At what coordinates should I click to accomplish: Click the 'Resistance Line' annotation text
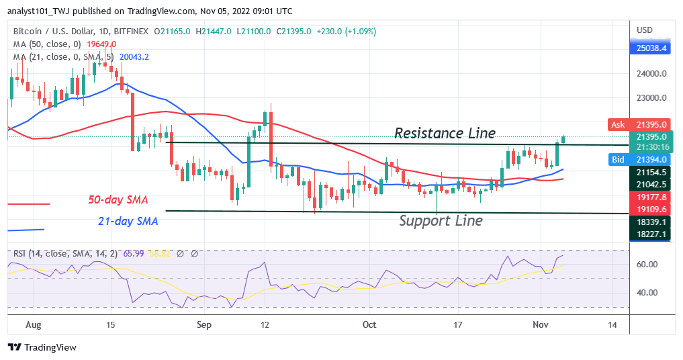pos(445,133)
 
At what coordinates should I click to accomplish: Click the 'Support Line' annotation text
pos(441,220)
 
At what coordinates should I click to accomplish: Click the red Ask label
pos(619,124)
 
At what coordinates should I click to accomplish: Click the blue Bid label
pos(619,159)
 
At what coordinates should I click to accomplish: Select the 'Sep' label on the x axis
pos(204,324)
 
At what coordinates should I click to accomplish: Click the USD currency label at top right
pos(644,30)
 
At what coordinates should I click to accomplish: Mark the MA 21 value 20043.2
pos(134,57)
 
